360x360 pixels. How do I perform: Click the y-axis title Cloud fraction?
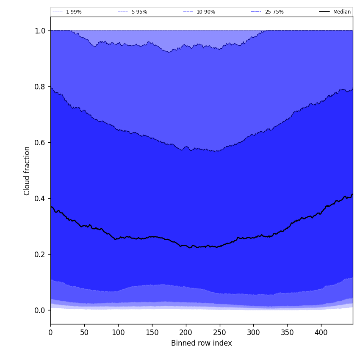(x=27, y=171)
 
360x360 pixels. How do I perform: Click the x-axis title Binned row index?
(x=202, y=343)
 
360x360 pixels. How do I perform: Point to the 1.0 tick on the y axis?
(x=40, y=31)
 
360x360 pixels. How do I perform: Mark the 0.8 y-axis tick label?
(x=40, y=87)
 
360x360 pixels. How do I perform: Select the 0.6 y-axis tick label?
(x=40, y=143)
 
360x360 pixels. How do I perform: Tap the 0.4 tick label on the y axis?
(x=40, y=199)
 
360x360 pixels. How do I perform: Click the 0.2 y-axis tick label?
(x=40, y=255)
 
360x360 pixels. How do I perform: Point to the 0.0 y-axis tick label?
(x=40, y=310)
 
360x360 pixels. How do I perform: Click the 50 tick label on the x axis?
(x=84, y=333)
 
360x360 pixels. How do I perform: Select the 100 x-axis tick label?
(x=118, y=333)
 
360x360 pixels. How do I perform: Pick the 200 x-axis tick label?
(x=186, y=333)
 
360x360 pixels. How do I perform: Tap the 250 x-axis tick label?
(x=220, y=333)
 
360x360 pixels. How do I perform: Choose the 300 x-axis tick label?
(x=253, y=333)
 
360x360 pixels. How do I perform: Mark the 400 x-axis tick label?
(x=321, y=333)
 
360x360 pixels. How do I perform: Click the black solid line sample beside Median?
(x=324, y=12)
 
